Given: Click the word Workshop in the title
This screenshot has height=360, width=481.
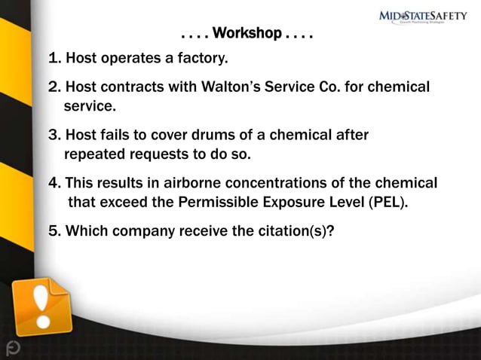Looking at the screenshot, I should pyautogui.click(x=247, y=34).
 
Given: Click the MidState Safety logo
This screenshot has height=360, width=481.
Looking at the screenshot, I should pyautogui.click(x=422, y=17).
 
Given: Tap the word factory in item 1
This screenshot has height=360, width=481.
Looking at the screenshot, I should pyautogui.click(x=201, y=58).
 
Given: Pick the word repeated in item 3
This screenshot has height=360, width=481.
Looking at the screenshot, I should pyautogui.click(x=94, y=155).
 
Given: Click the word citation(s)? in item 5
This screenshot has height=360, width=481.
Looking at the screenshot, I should pyautogui.click(x=293, y=231).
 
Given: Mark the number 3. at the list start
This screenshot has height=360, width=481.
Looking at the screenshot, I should pyautogui.click(x=55, y=136).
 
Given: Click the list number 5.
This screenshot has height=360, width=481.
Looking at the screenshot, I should pyautogui.click(x=55, y=231).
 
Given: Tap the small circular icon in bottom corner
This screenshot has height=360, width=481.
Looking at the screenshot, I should pyautogui.click(x=13, y=347).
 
